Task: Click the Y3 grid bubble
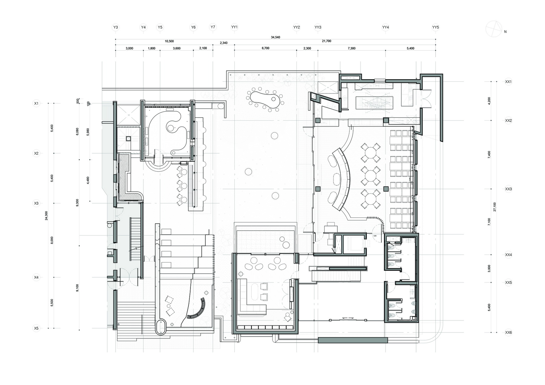(116, 27)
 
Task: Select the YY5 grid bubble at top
(435, 27)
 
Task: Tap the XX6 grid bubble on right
(508, 332)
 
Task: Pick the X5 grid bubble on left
(36, 328)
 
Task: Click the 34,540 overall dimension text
(275, 37)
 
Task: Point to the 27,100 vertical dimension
(495, 207)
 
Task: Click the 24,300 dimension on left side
(46, 215)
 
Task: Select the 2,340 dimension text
(223, 43)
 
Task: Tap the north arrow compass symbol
(494, 29)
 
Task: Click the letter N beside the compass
(505, 32)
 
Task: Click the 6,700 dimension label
(265, 48)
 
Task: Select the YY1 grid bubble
(234, 27)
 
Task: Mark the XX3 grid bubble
(508, 189)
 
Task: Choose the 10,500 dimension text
(169, 41)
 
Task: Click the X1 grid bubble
(36, 103)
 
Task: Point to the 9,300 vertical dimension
(78, 203)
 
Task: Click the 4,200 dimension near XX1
(489, 101)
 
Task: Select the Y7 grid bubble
(213, 27)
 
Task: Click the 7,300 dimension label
(352, 48)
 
